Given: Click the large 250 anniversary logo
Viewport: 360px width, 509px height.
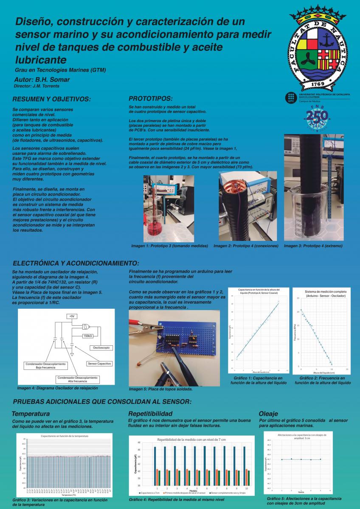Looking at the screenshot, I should [318, 116].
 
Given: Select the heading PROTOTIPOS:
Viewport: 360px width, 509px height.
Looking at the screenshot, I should [150, 98].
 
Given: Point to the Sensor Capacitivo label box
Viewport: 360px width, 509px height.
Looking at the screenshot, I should [99, 364].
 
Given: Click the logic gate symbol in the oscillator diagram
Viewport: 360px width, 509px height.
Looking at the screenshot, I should [86, 327].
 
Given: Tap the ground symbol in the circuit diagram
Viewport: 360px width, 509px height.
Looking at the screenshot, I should [72, 354].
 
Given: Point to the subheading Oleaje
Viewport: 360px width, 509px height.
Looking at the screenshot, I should [268, 413].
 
